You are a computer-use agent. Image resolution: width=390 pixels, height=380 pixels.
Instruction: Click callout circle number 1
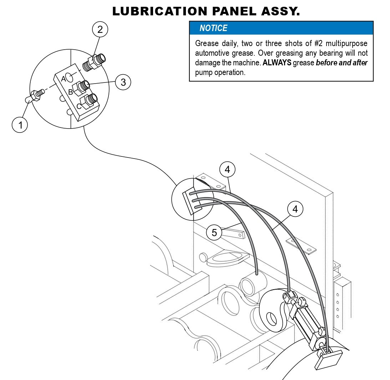click(x=20, y=125)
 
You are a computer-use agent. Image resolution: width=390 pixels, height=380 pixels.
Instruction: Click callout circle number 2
click(x=100, y=29)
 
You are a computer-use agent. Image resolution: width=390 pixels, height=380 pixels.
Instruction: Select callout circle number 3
click(x=123, y=82)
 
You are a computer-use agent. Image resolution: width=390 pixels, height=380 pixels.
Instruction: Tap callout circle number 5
click(x=214, y=233)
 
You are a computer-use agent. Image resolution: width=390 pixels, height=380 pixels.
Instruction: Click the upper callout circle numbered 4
click(x=228, y=170)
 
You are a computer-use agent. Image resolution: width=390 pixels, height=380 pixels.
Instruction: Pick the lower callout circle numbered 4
click(x=295, y=209)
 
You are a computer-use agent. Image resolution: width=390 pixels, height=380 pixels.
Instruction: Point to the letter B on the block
click(x=71, y=92)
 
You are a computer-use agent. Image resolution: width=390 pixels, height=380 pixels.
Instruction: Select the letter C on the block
click(x=78, y=106)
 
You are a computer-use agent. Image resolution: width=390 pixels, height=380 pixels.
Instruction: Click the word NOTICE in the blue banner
click(x=213, y=28)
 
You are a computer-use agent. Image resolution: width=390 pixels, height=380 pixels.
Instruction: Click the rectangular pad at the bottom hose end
click(x=328, y=359)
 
